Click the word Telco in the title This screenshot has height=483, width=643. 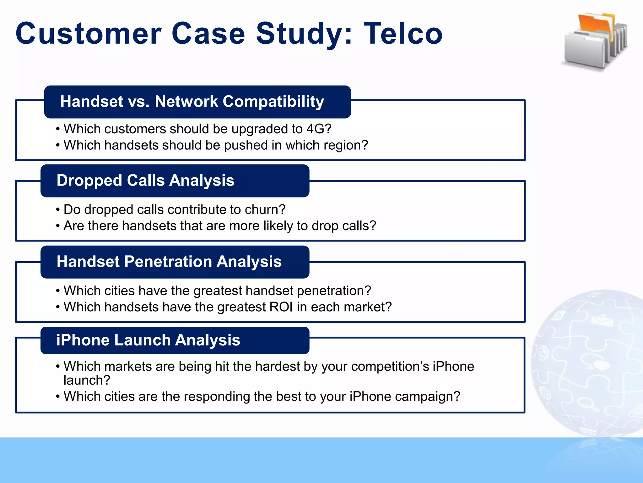pyautogui.click(x=403, y=34)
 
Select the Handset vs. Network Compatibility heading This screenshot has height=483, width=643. pyautogui.click(x=192, y=102)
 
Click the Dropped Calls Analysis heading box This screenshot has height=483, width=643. pyautogui.click(x=145, y=180)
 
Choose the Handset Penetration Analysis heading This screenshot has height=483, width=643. pyautogui.click(x=169, y=262)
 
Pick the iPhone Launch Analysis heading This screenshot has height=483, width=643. pyautogui.click(x=148, y=340)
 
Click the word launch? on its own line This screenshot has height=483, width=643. pyautogui.click(x=87, y=380)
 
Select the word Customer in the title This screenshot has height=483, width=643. pyautogui.click(x=88, y=34)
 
